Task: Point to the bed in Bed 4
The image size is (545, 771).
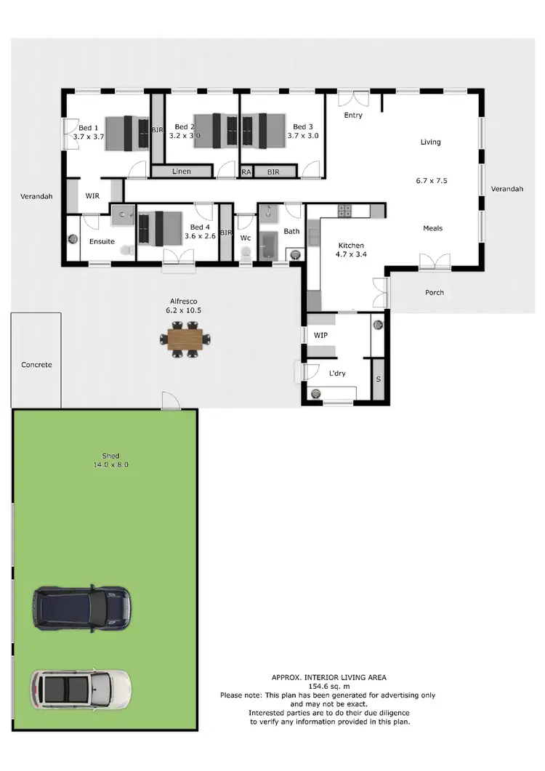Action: coord(160,227)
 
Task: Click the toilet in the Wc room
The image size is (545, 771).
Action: coord(246,252)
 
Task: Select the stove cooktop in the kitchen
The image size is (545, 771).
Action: coord(344,211)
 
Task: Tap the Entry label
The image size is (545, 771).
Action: coord(353,116)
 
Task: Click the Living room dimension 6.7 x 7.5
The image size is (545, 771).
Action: coord(430,180)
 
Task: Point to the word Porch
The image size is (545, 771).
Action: coord(435,293)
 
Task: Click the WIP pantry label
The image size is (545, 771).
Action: coord(320,336)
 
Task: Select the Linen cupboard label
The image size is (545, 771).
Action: coord(181,172)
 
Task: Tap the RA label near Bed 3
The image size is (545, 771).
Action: coord(246,172)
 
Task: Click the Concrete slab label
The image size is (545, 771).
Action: coord(36,365)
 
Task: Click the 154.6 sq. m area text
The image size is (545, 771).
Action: coord(328,686)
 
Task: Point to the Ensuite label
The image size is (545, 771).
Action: coord(102,241)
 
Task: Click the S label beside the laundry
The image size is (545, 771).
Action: coord(378,379)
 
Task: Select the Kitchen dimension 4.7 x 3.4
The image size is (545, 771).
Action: coord(350,255)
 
